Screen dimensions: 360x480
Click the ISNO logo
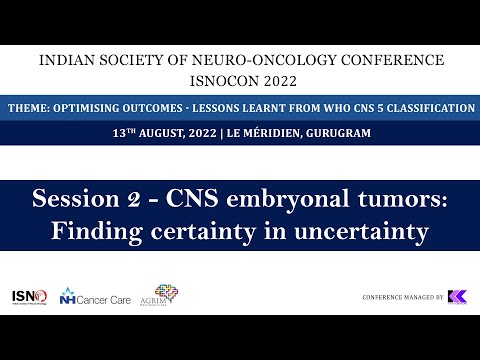29,296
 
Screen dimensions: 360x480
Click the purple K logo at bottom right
458,297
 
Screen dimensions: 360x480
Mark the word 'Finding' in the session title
98,232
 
